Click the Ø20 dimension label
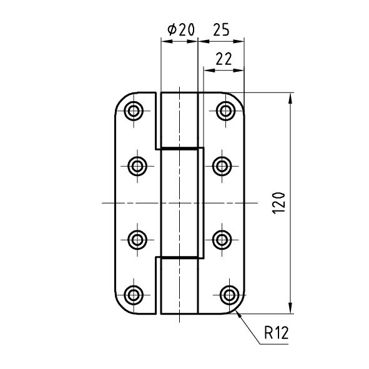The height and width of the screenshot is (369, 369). click(181, 29)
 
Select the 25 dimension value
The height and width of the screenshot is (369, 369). click(221, 29)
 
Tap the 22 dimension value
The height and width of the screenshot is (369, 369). click(224, 59)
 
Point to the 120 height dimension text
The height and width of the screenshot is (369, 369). click(278, 203)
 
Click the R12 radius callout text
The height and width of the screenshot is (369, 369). click(276, 333)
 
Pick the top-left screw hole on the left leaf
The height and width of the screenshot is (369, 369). click(134, 111)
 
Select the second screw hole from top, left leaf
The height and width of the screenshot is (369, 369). click(137, 166)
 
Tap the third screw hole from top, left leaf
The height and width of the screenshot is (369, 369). click(137, 240)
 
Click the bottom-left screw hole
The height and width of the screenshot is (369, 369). click(134, 295)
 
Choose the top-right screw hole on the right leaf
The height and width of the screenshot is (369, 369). click(225, 111)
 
